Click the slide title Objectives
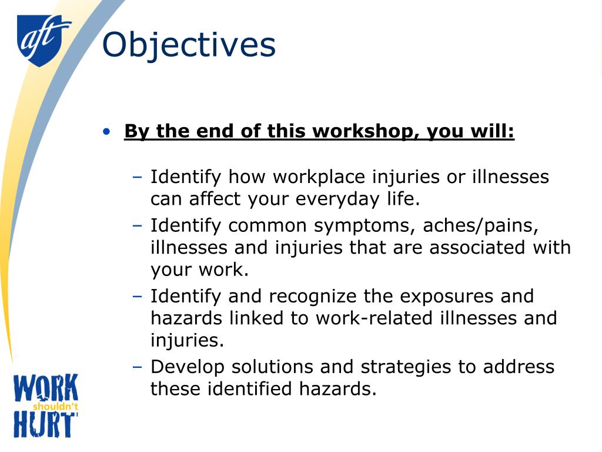(x=189, y=45)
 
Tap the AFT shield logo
(x=43, y=39)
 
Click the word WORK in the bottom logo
(x=46, y=390)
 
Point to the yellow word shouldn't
(x=55, y=406)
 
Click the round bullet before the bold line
(x=106, y=132)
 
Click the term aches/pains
(x=484, y=225)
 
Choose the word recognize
(x=293, y=295)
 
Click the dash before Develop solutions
(x=138, y=367)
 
